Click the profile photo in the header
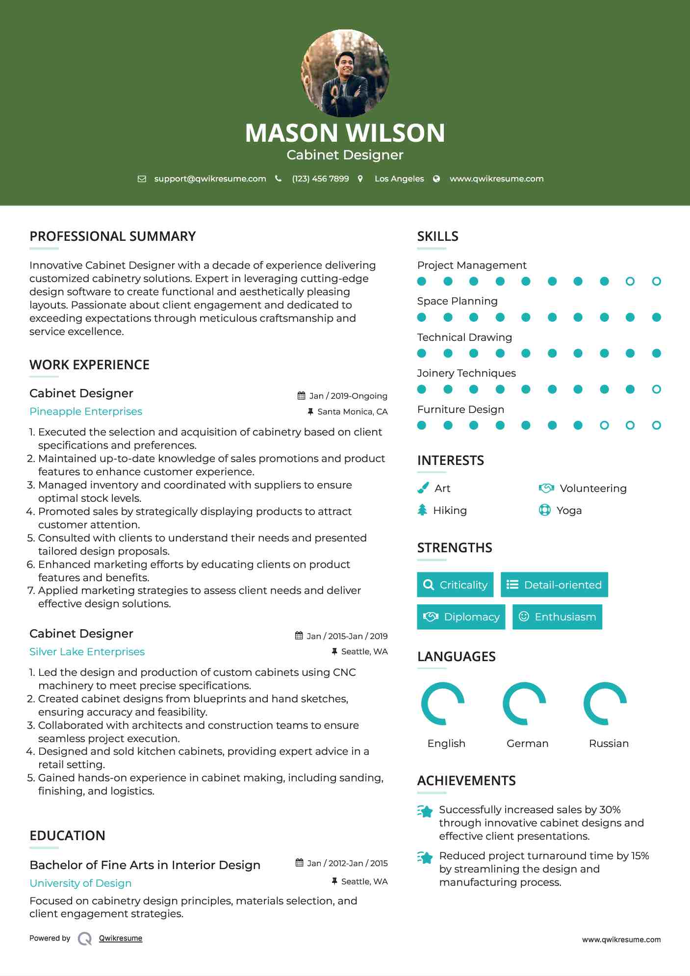[x=345, y=74]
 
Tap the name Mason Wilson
[x=345, y=133]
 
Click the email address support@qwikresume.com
[x=210, y=179]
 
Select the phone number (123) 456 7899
[x=320, y=179]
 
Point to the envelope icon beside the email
[x=142, y=179]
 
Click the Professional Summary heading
[x=112, y=236]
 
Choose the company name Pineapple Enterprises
[x=86, y=411]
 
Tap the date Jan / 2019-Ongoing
[x=348, y=396]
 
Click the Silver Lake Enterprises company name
[x=87, y=652]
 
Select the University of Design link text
[x=80, y=883]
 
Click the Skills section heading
[x=437, y=236]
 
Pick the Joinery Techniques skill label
[x=466, y=373]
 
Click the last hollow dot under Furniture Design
[x=656, y=425]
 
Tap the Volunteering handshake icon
[x=546, y=488]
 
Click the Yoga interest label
[x=569, y=511]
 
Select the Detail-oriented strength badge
[x=554, y=585]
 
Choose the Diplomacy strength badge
[x=461, y=617]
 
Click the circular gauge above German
[x=524, y=703]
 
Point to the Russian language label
[x=609, y=744]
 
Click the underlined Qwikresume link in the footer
[x=121, y=938]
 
